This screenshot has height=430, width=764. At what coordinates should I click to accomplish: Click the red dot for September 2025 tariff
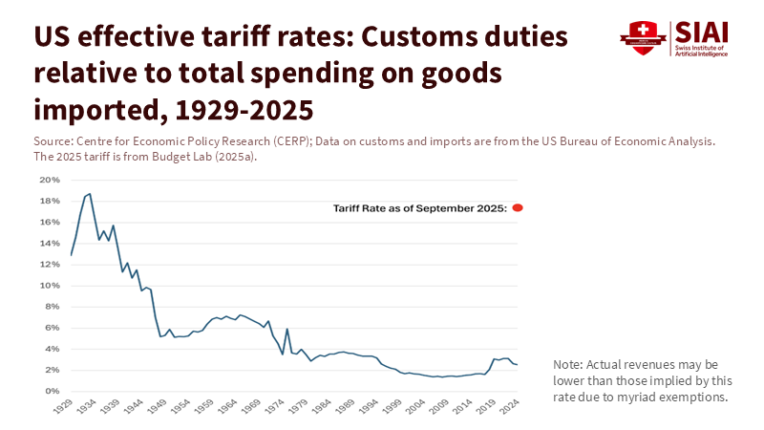pos(518,207)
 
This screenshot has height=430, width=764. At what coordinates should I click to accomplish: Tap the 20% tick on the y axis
pos(49,180)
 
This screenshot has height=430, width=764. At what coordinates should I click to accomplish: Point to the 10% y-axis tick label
pos(49,286)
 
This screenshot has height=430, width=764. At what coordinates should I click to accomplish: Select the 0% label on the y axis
pos(52,391)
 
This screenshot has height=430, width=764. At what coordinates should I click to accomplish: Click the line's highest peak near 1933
pos(89,193)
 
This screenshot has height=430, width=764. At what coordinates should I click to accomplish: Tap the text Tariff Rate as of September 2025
pos(419,207)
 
